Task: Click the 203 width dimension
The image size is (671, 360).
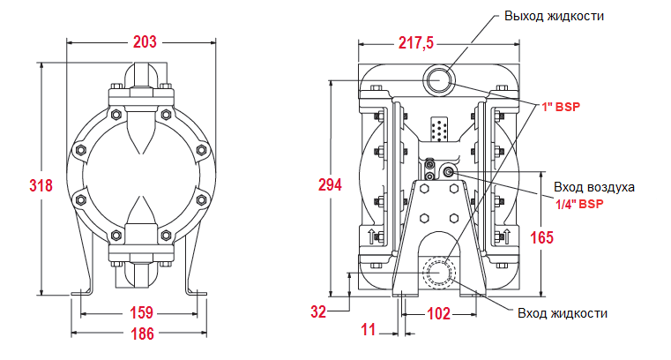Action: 144,41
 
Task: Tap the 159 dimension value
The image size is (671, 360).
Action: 141,312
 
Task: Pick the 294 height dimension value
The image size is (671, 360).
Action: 330,184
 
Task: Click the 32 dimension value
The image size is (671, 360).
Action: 319,311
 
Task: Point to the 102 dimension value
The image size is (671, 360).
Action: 438,313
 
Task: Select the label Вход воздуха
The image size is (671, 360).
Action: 593,187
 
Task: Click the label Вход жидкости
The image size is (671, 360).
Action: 563,313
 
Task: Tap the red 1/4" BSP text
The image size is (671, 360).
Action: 579,203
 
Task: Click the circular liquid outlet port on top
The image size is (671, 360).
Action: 440,81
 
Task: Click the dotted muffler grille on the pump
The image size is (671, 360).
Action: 439,130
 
